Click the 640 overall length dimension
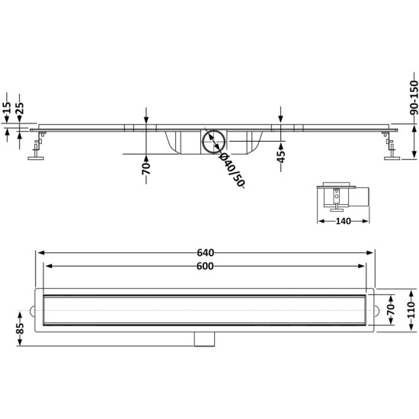click(206, 252)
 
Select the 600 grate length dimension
click(205, 266)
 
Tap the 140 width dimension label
click(343, 221)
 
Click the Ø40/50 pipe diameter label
click(232, 170)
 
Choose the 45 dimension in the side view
click(280, 157)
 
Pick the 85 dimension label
click(20, 328)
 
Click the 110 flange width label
click(412, 310)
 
